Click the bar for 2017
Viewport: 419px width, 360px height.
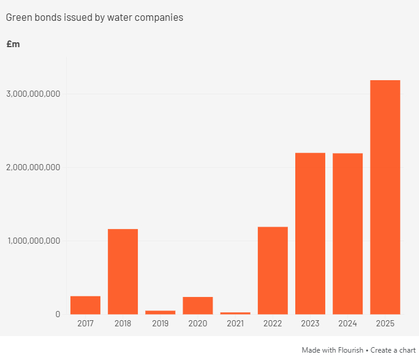point(85,305)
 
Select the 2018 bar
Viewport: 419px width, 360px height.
point(123,271)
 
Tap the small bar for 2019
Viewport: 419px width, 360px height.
point(160,312)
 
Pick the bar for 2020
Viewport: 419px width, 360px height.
point(198,306)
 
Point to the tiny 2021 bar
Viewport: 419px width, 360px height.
point(235,313)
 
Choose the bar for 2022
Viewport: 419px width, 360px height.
point(273,271)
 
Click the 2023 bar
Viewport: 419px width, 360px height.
point(310,233)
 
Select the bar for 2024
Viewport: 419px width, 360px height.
point(347,234)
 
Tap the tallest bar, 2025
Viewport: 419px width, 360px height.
point(385,197)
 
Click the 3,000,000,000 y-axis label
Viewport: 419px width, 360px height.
point(34,94)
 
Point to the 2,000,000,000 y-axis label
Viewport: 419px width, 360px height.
point(34,167)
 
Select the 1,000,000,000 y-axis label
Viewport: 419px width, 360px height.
point(34,241)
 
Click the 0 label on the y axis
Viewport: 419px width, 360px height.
point(58,314)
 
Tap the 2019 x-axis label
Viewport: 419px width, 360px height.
point(160,323)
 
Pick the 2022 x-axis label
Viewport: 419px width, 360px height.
point(273,323)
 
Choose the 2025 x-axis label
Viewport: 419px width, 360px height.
point(385,323)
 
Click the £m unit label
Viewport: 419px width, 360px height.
point(13,44)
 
